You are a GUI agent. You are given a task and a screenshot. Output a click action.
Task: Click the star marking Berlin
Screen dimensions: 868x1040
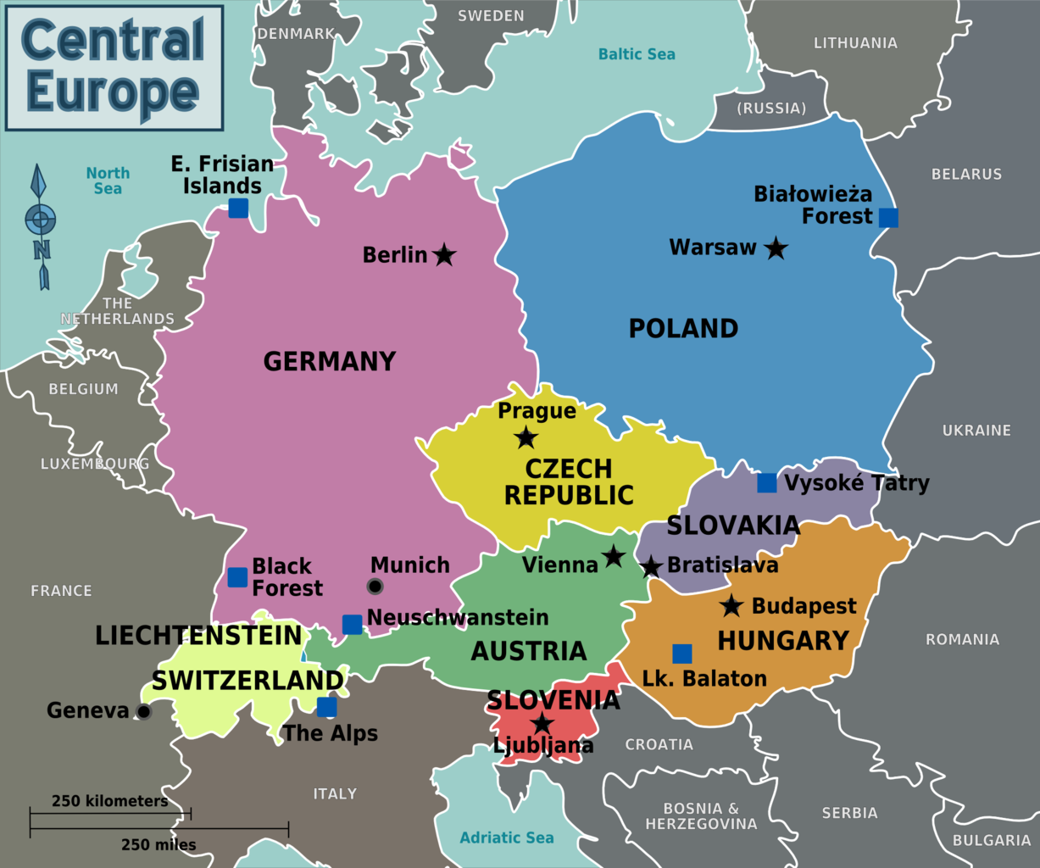[444, 254]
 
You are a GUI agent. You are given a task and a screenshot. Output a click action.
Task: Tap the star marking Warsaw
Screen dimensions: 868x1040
[776, 248]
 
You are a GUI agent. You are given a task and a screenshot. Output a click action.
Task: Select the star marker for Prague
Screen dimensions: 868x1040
[526, 437]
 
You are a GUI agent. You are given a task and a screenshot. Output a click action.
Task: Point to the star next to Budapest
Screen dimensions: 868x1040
[731, 606]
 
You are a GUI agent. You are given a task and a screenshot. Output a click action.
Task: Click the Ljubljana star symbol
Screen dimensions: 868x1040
[542, 723]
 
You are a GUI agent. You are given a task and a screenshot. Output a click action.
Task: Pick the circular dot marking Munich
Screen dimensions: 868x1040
[375, 587]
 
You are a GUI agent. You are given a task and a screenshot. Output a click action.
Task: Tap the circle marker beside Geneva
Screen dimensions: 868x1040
[144, 711]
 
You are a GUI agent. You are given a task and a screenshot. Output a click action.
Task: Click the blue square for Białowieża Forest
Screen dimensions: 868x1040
[888, 218]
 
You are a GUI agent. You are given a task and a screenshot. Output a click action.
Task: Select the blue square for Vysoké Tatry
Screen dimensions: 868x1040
[766, 483]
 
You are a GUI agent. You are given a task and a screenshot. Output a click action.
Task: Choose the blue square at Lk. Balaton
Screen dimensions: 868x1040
[681, 654]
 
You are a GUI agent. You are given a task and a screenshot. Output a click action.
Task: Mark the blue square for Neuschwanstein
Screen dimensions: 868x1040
[352, 625]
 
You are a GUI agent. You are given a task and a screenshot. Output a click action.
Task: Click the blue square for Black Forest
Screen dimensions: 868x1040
[237, 577]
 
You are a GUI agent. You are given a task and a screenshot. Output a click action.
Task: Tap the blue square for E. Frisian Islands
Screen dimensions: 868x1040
[238, 208]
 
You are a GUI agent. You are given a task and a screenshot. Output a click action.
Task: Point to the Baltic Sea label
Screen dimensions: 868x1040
[637, 54]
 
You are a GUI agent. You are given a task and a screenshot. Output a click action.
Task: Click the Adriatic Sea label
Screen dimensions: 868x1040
[507, 837]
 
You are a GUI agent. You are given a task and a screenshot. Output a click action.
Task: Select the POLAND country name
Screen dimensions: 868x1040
[683, 328]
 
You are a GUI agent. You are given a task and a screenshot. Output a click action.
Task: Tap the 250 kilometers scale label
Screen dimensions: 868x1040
[110, 801]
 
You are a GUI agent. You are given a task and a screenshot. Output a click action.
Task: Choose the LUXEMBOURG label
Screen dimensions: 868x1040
[95, 464]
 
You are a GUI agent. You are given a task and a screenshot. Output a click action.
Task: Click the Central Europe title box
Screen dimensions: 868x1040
[114, 68]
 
